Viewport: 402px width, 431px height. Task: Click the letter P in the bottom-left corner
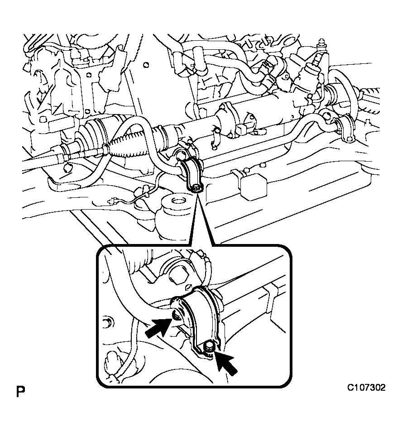pos(20,392)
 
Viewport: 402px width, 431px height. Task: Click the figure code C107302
pos(366,388)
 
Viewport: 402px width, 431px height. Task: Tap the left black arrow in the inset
pos(158,327)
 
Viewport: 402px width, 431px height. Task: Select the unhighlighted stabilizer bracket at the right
pos(345,129)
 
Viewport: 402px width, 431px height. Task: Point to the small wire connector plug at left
pos(112,202)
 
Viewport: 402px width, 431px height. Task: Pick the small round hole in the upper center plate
pos(146,65)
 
